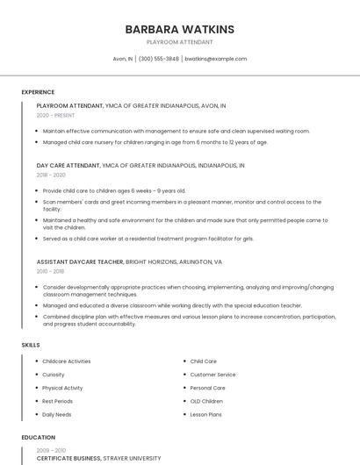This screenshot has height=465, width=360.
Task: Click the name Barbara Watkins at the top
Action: pyautogui.click(x=179, y=29)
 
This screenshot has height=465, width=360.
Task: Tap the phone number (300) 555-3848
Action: pyautogui.click(x=159, y=59)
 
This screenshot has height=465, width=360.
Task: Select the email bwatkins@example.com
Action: pyautogui.click(x=215, y=59)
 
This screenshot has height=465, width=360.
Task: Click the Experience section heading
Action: pyautogui.click(x=38, y=92)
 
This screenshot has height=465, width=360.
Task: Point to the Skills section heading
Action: pyautogui.click(x=31, y=345)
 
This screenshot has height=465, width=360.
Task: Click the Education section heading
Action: pyautogui.click(x=38, y=437)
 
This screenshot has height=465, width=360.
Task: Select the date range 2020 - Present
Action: pyautogui.click(x=55, y=115)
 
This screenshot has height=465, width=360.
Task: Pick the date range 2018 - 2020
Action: pyautogui.click(x=51, y=175)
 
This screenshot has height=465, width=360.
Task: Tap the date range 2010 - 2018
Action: pyautogui.click(x=50, y=271)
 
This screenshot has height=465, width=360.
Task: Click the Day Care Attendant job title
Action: pyautogui.click(x=68, y=165)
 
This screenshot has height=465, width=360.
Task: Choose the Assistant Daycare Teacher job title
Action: pyautogui.click(x=80, y=261)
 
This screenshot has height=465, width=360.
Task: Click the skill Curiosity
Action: pyautogui.click(x=54, y=375)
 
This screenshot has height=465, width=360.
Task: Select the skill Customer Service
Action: pyautogui.click(x=212, y=375)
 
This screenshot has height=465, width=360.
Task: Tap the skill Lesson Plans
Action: pyautogui.click(x=205, y=414)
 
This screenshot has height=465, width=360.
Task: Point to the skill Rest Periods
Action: pyautogui.click(x=57, y=401)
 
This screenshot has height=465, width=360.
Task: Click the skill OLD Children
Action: pyautogui.click(x=206, y=401)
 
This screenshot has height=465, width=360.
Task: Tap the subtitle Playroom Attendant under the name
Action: pyautogui.click(x=179, y=42)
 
